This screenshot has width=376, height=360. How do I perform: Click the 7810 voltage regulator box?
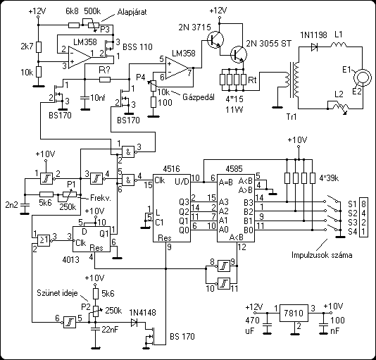point(294,314)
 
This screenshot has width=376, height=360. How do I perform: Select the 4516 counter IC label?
point(171,169)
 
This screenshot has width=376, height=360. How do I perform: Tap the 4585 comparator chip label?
point(234,169)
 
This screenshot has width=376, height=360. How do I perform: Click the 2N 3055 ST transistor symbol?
point(239,54)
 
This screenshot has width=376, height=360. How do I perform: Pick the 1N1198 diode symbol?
point(314,47)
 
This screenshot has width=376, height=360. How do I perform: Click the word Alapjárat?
point(132,12)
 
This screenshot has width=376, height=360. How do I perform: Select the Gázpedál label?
point(199,97)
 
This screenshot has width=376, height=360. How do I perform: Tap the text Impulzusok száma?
point(322,255)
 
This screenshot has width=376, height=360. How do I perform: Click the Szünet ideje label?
point(57,293)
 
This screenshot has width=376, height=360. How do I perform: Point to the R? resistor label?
point(104,70)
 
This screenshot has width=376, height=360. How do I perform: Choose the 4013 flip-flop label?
point(70,259)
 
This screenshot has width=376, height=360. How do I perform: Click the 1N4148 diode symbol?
point(134,323)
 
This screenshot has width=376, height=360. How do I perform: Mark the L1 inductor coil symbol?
point(339,44)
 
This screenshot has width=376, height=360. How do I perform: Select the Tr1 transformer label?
point(292,117)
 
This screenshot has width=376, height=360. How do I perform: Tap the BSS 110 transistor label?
point(137,46)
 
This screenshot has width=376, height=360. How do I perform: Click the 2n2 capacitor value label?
point(11,205)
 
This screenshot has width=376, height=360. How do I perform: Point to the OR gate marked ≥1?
point(44,240)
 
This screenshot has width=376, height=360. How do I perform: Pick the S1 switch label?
point(352,204)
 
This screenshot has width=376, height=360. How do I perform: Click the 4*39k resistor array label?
point(329,178)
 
